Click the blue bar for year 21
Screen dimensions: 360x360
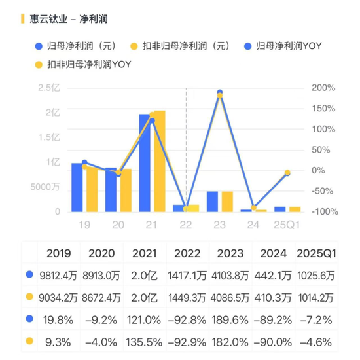point(145,163)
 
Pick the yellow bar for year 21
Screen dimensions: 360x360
point(158,161)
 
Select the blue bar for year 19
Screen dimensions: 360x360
point(77,187)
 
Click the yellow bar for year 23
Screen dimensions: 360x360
point(226,202)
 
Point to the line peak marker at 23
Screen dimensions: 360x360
point(220,93)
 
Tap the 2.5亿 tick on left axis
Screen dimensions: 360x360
point(49,87)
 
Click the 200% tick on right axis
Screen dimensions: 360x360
point(323,87)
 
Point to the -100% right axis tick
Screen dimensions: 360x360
point(323,211)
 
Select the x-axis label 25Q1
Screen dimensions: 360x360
point(286,225)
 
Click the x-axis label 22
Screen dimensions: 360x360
point(186,225)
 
